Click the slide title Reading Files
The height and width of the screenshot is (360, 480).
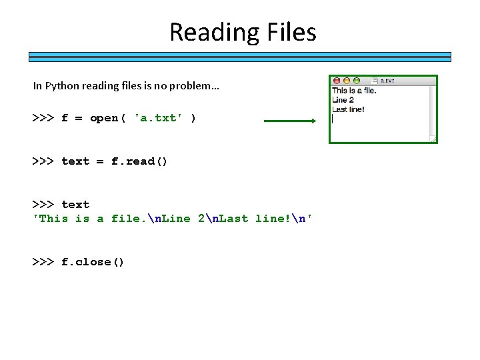pyautogui.click(x=243, y=32)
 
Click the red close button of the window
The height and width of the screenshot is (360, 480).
pyautogui.click(x=337, y=81)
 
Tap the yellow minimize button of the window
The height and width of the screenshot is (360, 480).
pyautogui.click(x=346, y=81)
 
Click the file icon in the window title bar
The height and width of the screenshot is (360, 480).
pyautogui.click(x=375, y=81)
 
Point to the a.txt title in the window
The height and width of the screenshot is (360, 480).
pyautogui.click(x=387, y=81)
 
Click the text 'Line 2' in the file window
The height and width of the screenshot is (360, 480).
pyautogui.click(x=343, y=100)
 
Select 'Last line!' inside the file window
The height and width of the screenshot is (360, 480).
pyautogui.click(x=348, y=109)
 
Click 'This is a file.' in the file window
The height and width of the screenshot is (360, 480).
pyautogui.click(x=354, y=91)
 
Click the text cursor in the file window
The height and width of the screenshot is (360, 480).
pyautogui.click(x=333, y=119)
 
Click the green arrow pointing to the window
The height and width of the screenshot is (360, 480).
pyautogui.click(x=290, y=121)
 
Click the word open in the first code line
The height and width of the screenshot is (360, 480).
pyautogui.click(x=103, y=118)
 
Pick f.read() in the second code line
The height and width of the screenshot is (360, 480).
pyautogui.click(x=139, y=161)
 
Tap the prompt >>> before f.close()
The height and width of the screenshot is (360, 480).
pyautogui.click(x=43, y=262)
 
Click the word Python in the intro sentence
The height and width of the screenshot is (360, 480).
pyautogui.click(x=59, y=86)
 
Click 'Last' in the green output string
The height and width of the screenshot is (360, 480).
pyautogui.click(x=233, y=219)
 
